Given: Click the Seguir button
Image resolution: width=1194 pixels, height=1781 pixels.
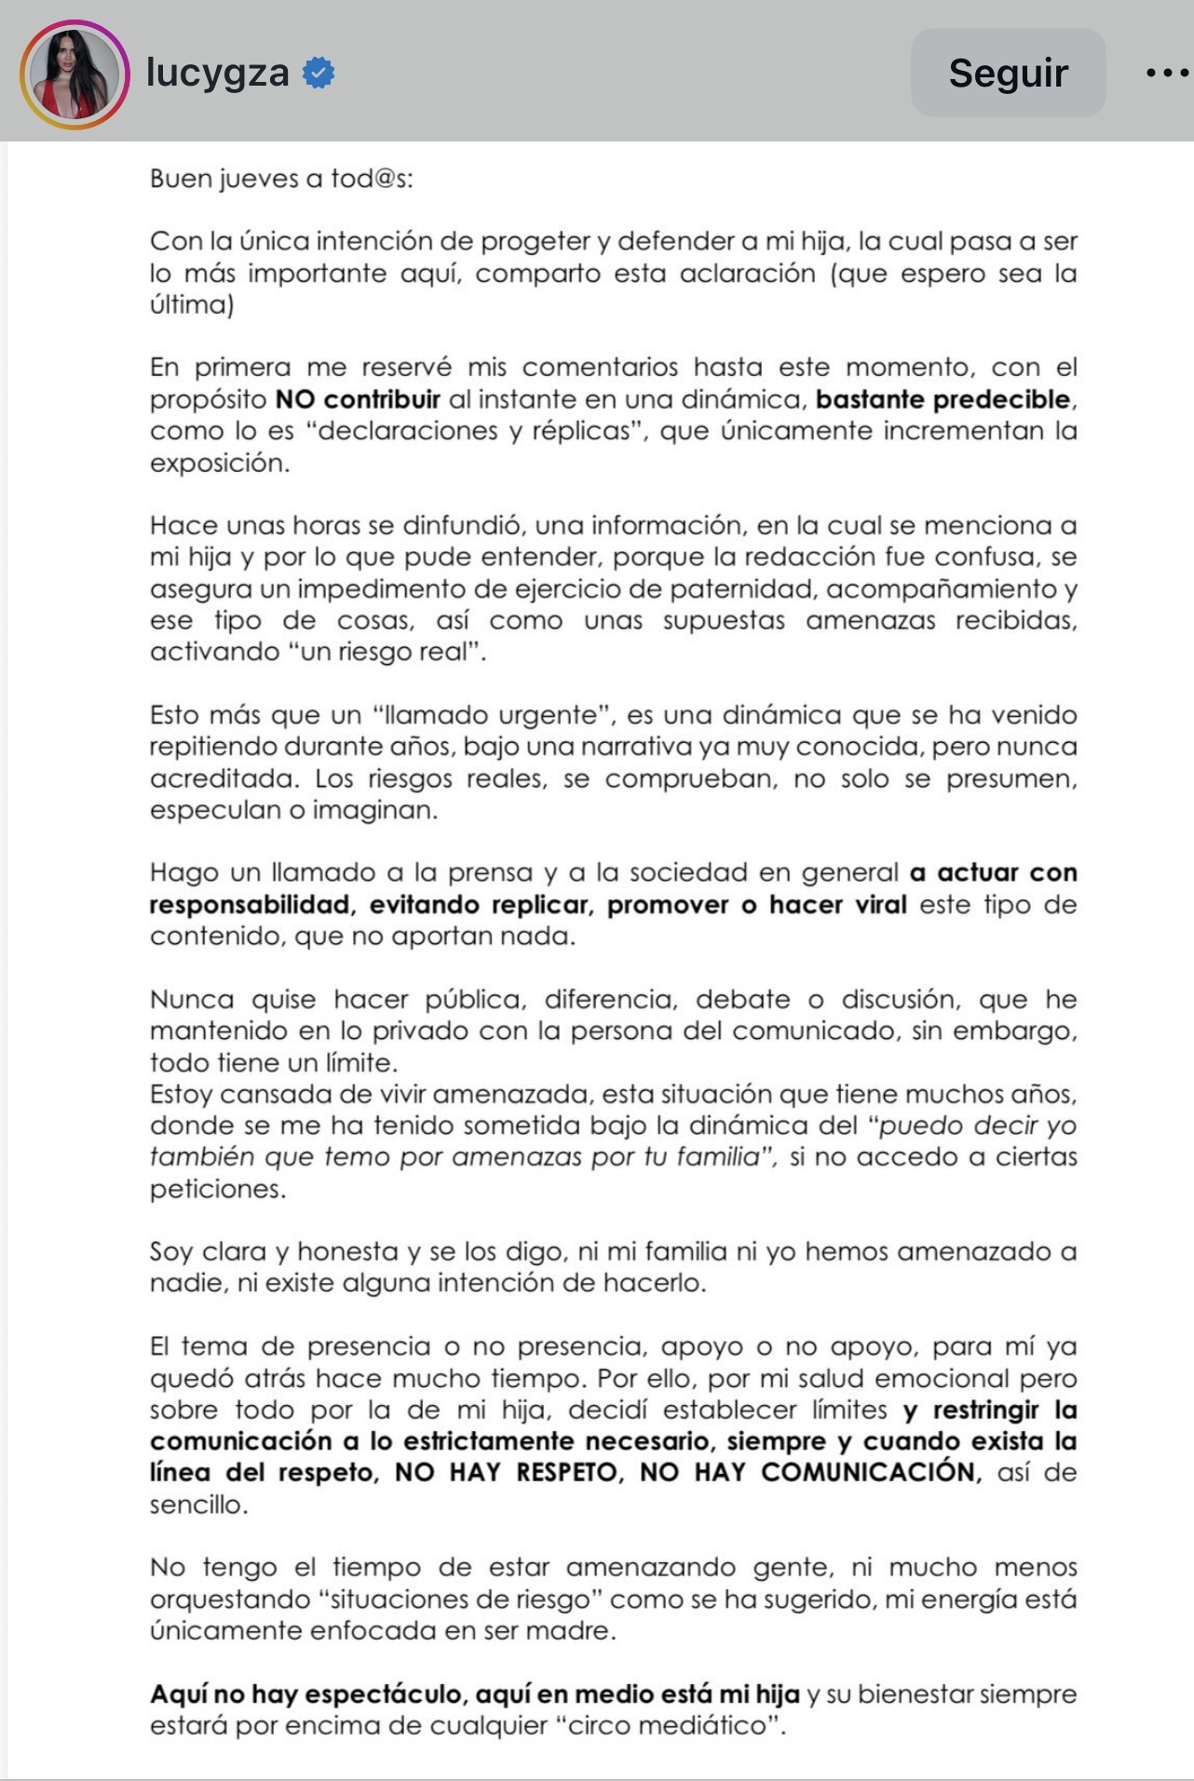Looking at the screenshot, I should click(1008, 73).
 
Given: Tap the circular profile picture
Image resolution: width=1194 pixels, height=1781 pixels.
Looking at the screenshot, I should click(75, 74).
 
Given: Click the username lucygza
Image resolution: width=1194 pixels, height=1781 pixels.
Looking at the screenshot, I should click(218, 73).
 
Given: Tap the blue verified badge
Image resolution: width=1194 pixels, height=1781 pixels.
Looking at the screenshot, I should click(319, 73).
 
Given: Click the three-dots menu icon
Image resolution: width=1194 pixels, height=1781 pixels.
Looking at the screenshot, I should click(1166, 73).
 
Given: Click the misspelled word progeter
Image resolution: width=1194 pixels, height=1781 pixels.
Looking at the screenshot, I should click(534, 241).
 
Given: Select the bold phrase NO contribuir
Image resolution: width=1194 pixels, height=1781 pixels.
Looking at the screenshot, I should click(358, 399).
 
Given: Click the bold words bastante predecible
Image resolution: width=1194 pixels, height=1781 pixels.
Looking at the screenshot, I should click(943, 399).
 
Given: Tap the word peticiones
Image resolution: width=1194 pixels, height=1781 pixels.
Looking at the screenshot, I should click(217, 1189).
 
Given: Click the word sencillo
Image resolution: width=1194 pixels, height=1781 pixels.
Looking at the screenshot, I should click(197, 1504).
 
